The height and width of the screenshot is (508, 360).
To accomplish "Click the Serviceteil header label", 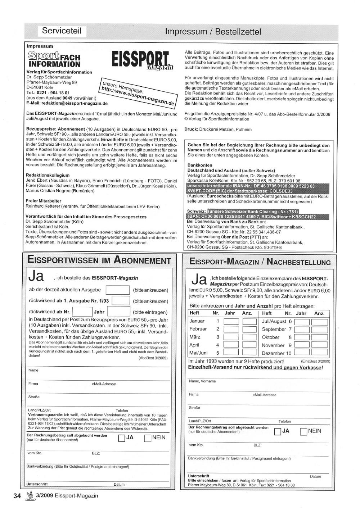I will pos(62,31).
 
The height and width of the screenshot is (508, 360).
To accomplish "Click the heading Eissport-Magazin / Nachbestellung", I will pos(260,262).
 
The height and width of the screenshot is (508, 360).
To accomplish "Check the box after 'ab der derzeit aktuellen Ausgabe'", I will pos(118,290).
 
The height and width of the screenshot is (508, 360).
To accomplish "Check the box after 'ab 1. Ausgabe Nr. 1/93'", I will pos(121,301).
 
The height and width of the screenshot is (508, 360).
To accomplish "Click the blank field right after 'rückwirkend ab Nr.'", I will pos(82,312).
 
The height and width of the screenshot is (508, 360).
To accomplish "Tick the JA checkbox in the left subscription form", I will pos(122,438).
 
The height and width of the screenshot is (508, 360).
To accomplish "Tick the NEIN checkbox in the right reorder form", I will pos(303,431).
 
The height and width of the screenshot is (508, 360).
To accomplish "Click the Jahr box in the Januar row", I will pos(231,322).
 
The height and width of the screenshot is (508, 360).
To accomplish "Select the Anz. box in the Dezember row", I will pos(319,353).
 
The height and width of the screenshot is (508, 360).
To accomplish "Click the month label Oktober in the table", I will pos(271,337).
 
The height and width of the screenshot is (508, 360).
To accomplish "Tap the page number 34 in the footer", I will pos(17,496).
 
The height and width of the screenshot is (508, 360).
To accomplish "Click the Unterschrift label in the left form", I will pos(37,484).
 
